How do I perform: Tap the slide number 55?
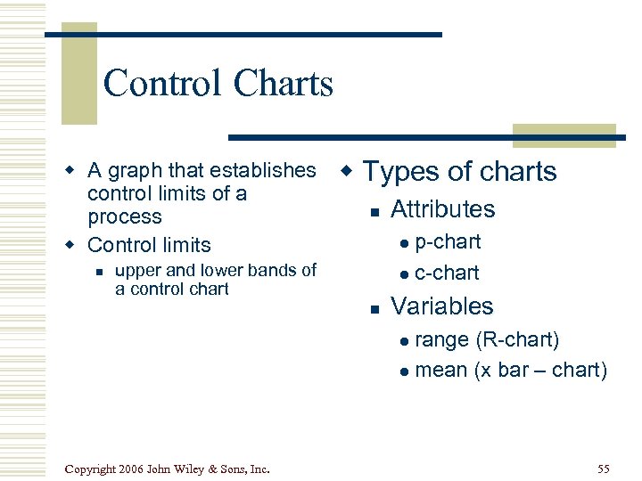[603, 469]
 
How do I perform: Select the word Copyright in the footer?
[93, 469]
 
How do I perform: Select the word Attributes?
[442, 209]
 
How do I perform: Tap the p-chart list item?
[448, 242]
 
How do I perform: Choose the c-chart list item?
[447, 273]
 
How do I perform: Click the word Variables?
[441, 306]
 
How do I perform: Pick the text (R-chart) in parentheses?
[517, 339]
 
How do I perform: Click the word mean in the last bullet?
[441, 370]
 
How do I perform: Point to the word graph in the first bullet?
[133, 170]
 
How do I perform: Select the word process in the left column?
[124, 216]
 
